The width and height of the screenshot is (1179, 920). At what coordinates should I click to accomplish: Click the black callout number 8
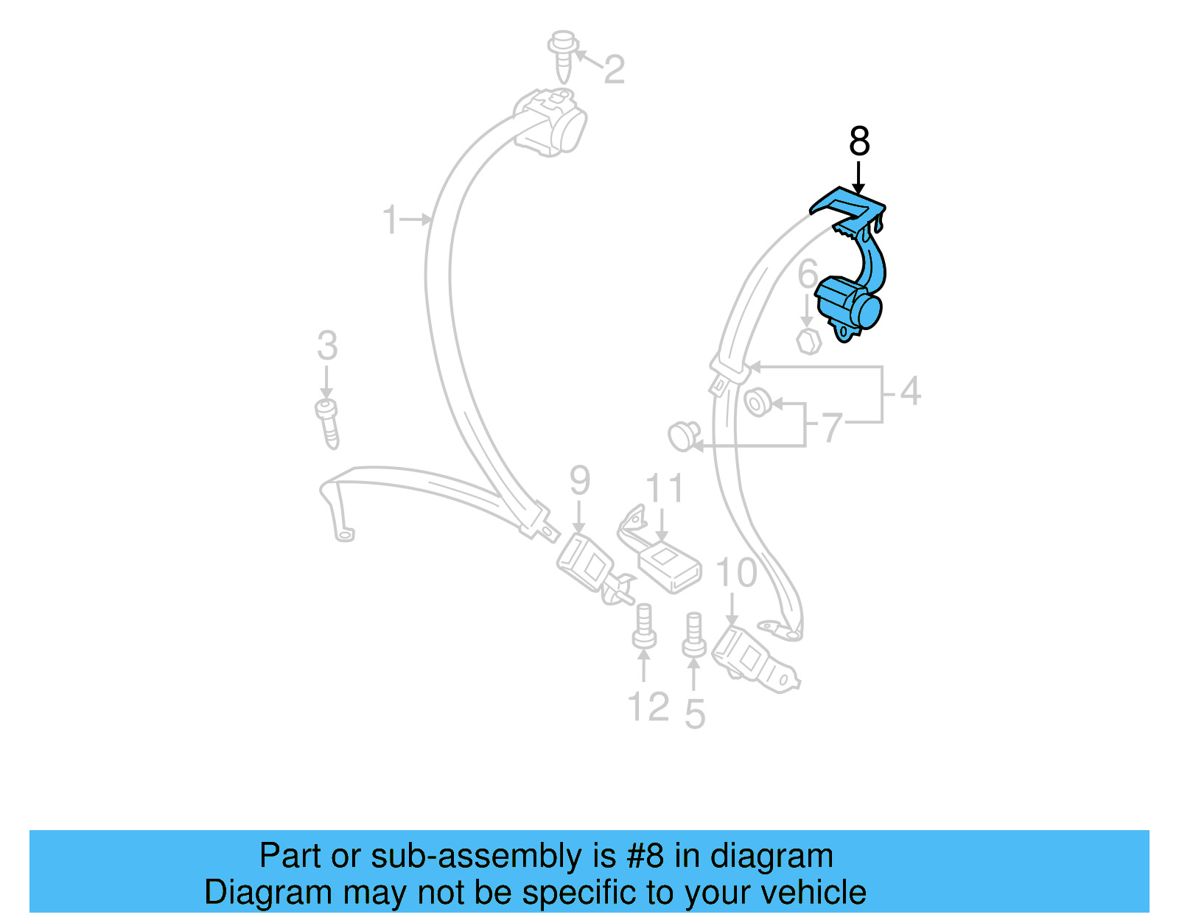(859, 141)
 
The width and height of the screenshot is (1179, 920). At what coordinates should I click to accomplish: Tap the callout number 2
(615, 70)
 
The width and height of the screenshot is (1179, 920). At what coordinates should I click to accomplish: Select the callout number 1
(391, 220)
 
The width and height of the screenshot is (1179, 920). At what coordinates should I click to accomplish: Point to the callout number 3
(327, 346)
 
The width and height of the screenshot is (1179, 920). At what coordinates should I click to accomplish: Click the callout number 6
(808, 274)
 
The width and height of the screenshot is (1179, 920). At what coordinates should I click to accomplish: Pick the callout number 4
(911, 391)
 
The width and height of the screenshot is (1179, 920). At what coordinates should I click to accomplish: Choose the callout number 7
(833, 428)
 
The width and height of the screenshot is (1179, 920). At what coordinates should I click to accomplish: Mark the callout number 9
(580, 481)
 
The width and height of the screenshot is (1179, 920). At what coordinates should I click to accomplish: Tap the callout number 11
(665, 488)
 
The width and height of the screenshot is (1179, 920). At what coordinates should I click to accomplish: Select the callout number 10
(736, 572)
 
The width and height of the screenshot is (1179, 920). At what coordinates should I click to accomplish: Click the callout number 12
(648, 707)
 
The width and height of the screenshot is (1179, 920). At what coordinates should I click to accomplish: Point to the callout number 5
(695, 714)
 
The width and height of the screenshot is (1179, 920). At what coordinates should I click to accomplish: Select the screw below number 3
(328, 423)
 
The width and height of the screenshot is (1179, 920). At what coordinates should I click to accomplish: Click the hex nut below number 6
(808, 341)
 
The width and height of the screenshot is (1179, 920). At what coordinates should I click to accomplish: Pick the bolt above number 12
(644, 627)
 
